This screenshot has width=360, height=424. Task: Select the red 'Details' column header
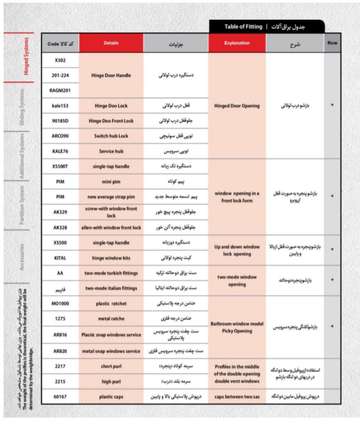click(x=111, y=43)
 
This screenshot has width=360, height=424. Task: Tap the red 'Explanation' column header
click(x=237, y=43)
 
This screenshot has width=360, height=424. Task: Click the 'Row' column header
click(x=332, y=43)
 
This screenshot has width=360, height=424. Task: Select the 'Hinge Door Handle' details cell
click(x=111, y=75)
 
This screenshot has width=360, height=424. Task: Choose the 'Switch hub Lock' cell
click(x=111, y=136)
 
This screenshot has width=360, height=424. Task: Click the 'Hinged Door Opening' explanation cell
click(x=237, y=106)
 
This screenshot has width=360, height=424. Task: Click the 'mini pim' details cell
click(x=111, y=182)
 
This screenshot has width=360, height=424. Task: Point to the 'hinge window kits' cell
click(x=111, y=258)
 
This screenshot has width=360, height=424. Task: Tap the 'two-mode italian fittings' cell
click(x=111, y=288)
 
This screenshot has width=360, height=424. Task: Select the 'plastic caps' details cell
click(x=111, y=396)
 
